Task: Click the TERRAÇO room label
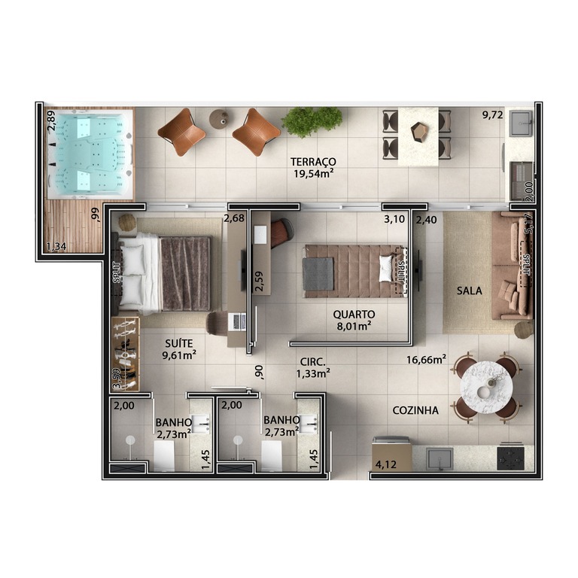[313, 162]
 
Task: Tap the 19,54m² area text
[314, 173]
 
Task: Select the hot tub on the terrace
[89, 154]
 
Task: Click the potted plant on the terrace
[312, 121]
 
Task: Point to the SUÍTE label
[179, 343]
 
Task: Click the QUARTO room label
[354, 315]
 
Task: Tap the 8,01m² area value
[354, 326]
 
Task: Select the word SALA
[470, 291]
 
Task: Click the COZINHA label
[415, 410]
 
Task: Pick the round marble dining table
[486, 387]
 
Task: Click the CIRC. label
[312, 362]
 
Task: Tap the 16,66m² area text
[427, 360]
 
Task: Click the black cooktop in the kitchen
[510, 458]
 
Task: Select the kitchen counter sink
[440, 458]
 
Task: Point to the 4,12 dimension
[386, 464]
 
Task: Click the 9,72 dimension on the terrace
[493, 115]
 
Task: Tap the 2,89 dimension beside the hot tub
[51, 121]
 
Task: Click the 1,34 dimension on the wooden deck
[56, 246]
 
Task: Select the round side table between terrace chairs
[219, 119]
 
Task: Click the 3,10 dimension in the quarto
[394, 219]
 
